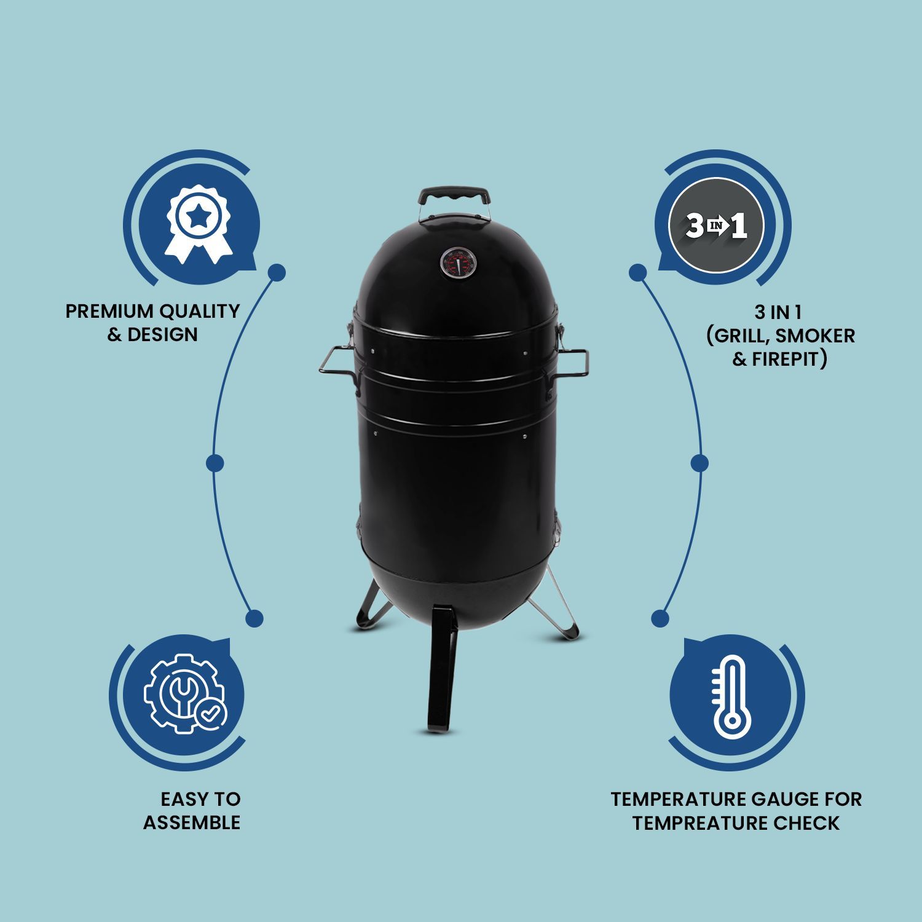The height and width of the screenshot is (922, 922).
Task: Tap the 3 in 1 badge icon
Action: point(716,226)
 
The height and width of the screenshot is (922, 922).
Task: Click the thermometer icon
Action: point(730,697)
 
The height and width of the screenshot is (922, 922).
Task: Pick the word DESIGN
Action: point(162,335)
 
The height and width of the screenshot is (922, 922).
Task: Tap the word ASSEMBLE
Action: point(192,822)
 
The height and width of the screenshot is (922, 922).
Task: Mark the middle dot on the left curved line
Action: point(215,463)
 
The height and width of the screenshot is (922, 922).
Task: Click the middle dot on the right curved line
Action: point(699,463)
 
